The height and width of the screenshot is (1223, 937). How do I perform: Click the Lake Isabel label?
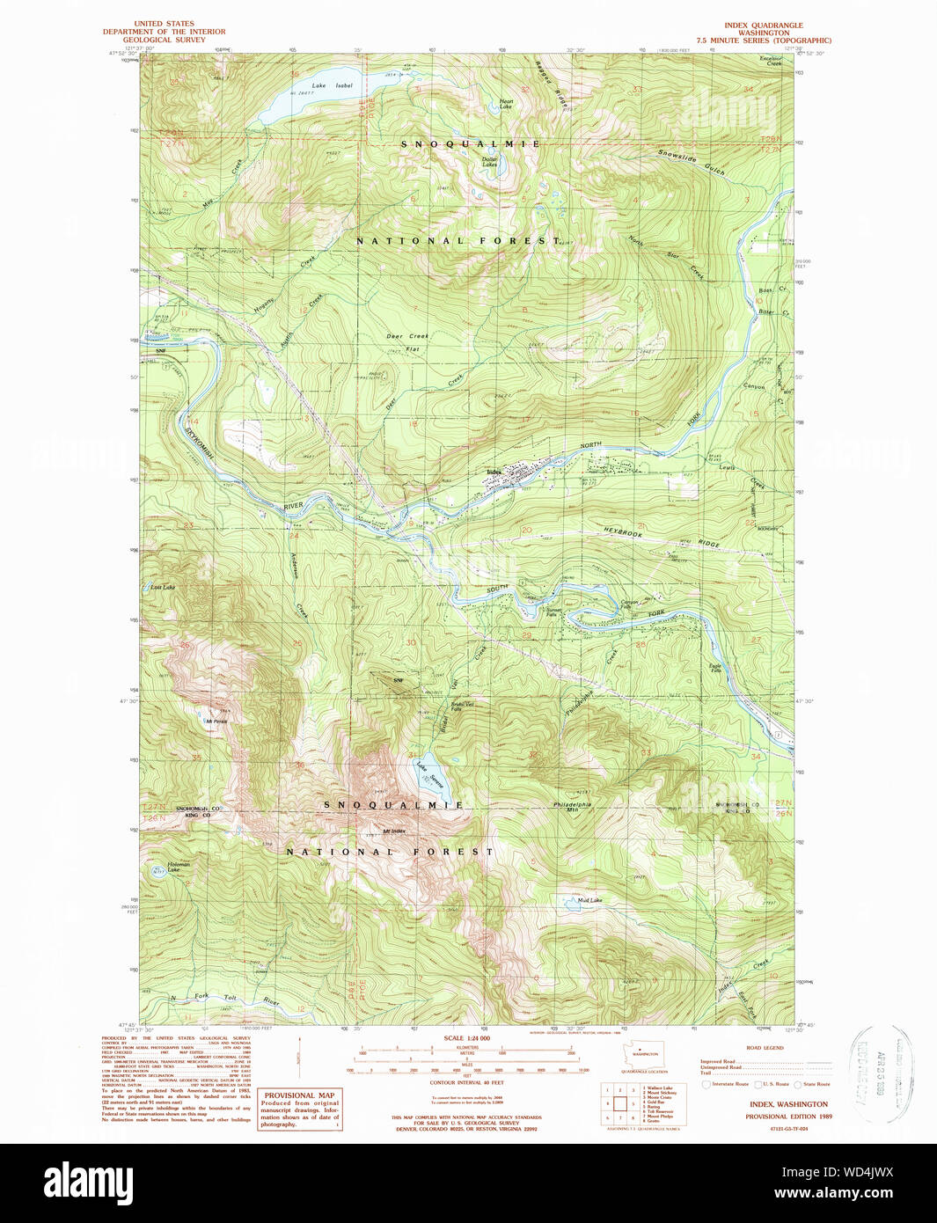coord(332,86)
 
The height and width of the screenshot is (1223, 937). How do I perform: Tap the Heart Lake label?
coord(506,104)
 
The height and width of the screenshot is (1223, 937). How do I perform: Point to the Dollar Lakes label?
coord(490,162)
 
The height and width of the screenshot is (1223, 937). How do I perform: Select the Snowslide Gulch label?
coord(692,162)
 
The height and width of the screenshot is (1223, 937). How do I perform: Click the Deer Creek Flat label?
coord(408,342)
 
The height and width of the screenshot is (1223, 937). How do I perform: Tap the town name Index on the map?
coord(494,472)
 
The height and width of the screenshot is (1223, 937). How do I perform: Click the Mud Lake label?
coord(589,900)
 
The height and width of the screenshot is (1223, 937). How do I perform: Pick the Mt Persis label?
coord(216,721)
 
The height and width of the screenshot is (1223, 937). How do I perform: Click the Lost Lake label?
coord(163,587)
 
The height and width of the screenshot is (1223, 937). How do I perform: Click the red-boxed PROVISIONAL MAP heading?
coord(299,1095)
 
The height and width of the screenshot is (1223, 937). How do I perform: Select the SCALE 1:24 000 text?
coord(467,1038)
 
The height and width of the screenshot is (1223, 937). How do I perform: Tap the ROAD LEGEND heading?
coord(764,1048)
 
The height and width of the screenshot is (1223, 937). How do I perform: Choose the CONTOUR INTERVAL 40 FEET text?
coord(466,1082)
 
